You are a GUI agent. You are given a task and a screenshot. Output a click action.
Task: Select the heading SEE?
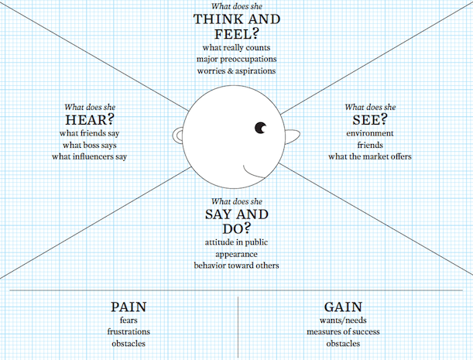tap(369, 119)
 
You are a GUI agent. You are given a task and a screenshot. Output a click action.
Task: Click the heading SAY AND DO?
tap(236, 221)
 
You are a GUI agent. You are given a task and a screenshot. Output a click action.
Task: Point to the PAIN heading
tap(129, 307)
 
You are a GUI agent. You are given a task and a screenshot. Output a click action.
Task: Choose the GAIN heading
tap(343, 307)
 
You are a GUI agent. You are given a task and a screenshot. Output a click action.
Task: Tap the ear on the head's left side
tap(180, 136)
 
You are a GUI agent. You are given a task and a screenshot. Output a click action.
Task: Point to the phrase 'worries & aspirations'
tap(236, 71)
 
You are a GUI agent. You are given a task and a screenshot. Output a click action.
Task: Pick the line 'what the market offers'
tap(369, 157)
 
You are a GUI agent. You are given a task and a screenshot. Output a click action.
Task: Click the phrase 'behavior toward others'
tap(236, 265)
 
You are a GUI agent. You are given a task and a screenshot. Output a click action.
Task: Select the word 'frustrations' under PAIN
tap(129, 332)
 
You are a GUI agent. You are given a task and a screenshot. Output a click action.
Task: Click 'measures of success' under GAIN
tap(343, 332)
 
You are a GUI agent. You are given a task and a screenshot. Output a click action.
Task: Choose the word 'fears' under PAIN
tap(129, 321)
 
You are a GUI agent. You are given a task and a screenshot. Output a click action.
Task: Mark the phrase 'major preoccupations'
tap(236, 60)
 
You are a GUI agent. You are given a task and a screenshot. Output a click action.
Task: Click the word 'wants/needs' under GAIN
tap(343, 321)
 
